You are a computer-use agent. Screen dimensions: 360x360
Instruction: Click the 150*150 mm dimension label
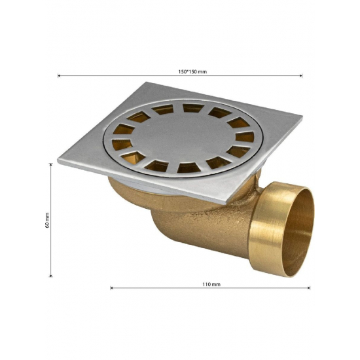pos(192,71)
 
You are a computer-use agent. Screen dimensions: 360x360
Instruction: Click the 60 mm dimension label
pos(47,220)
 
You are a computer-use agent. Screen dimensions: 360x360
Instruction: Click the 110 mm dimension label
pos(211,284)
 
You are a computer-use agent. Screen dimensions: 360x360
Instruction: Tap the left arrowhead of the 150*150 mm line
pos(59,75)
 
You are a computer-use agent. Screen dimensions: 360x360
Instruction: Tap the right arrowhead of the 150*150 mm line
pos(301,75)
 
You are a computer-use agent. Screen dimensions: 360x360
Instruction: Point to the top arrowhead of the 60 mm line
pos(51,164)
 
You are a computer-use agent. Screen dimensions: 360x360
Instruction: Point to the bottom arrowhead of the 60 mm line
pos(51,276)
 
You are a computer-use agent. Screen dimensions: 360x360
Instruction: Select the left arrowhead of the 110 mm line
pos(111,288)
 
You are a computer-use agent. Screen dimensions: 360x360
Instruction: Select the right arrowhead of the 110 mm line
pos(309,288)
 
